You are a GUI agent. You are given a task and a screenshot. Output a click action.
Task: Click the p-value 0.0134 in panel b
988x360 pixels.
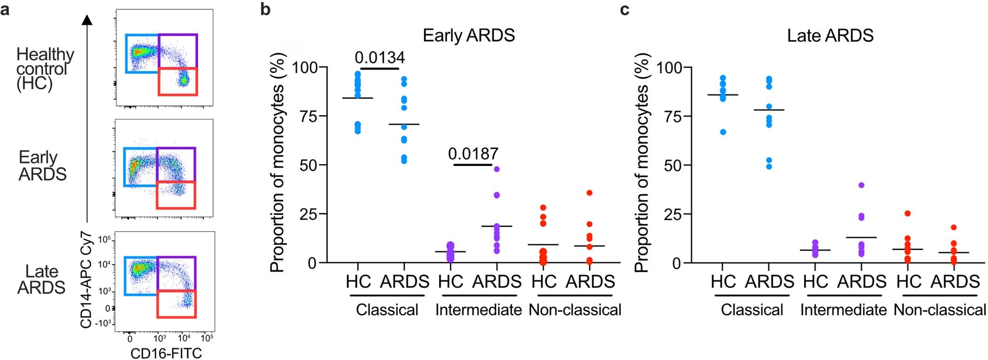coord(380,58)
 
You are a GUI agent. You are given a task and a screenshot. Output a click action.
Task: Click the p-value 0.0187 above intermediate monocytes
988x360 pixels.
coord(473,154)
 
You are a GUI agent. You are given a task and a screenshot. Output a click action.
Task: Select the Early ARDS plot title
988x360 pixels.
coord(468,36)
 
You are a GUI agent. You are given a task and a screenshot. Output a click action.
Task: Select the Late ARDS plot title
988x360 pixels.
coord(830,36)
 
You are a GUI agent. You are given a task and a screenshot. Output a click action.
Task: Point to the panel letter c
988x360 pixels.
coord(625,9)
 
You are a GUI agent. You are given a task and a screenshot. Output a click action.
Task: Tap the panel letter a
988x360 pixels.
coord(5,9)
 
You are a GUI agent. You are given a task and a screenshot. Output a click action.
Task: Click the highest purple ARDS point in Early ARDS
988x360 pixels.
coord(497,169)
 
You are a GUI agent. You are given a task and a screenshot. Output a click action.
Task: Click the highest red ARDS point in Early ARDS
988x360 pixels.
coord(590,193)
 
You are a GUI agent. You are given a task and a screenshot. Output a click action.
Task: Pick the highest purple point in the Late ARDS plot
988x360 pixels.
coord(861,185)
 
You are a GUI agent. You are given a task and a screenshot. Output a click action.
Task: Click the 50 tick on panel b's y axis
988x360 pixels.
coord(305,165)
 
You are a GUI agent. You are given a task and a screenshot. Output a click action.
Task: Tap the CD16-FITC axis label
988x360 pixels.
coord(166,353)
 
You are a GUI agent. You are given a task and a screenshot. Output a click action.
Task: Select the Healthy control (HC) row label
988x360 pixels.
coord(45,69)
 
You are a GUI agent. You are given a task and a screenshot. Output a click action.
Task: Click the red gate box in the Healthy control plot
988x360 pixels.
coord(178,82)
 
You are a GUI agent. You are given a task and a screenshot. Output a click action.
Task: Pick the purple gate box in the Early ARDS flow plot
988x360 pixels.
coord(176,164)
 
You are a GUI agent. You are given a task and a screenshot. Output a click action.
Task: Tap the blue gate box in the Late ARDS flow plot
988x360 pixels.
coord(141,275)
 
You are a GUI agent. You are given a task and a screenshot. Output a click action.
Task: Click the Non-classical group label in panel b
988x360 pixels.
coord(575,310)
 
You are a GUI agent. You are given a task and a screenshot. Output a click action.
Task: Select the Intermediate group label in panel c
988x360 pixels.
coord(843,310)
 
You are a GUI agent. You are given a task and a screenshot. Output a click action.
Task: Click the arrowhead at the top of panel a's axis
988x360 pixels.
coord(87,20)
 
